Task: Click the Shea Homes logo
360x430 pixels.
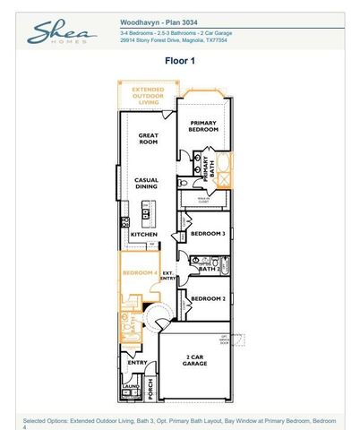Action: pos(61,33)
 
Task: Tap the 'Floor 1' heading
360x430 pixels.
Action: pos(179,61)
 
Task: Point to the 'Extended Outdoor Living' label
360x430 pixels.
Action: pos(148,95)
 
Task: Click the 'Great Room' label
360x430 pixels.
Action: pos(148,140)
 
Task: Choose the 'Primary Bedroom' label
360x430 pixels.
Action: pos(203,126)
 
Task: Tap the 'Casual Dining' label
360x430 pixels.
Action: pos(147,184)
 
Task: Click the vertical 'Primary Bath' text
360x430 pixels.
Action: pos(205,168)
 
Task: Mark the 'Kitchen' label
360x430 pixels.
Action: pos(144,235)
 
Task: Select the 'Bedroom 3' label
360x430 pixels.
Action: pos(207,234)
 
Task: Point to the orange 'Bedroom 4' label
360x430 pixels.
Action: pos(139,272)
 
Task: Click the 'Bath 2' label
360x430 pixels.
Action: pos(209,269)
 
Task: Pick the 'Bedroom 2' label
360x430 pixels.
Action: pos(207,298)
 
